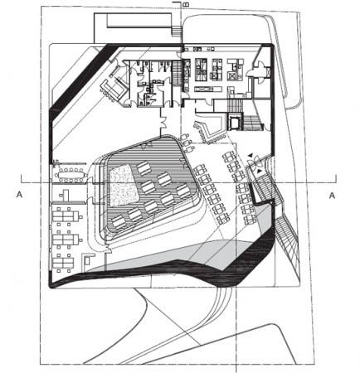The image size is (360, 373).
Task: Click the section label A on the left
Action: (19, 195)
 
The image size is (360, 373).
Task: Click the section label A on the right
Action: (332, 196)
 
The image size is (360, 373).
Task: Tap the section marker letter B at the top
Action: (187, 5)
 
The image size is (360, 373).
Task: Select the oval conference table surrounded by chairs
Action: (71, 175)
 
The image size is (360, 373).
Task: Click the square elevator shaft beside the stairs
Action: (235, 121)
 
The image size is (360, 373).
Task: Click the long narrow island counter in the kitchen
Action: (208, 89)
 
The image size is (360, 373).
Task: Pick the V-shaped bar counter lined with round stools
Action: (210, 130)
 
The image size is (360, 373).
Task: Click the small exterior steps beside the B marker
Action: (177, 31)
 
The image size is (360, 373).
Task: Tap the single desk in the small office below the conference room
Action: (66, 195)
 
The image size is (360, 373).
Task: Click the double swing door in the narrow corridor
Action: (164, 123)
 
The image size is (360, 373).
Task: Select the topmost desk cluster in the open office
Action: (66, 216)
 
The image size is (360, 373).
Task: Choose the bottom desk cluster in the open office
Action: (64, 263)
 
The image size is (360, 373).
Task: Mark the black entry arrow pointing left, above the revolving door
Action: (250, 157)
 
